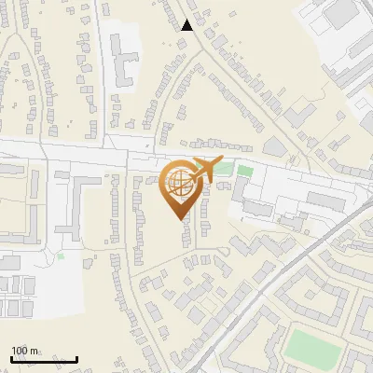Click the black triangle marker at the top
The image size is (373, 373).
(187, 25)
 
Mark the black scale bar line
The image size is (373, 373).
(44, 359)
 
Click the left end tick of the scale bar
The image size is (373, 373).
(11, 358)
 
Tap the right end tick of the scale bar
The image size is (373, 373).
(77, 358)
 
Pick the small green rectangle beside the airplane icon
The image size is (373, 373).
(244, 171)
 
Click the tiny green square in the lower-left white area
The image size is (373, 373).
(61, 256)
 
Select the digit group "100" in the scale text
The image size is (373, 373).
(21, 351)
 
